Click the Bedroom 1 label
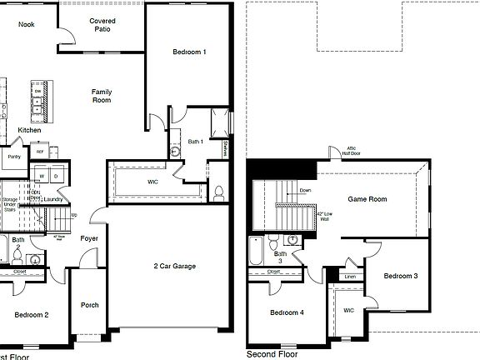[x=189, y=52]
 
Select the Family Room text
[x=102, y=96]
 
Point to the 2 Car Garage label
[x=174, y=267]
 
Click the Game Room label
[x=367, y=200]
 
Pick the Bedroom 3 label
[x=401, y=275]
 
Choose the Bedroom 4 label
[x=286, y=312]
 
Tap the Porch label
[x=89, y=306]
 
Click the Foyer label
[x=89, y=239]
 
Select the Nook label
[x=27, y=25]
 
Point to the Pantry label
[x=14, y=156]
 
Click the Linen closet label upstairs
[x=350, y=276]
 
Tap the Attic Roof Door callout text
[x=354, y=151]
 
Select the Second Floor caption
[x=272, y=354]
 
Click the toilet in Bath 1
[x=218, y=192]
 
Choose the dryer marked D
[x=57, y=177]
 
